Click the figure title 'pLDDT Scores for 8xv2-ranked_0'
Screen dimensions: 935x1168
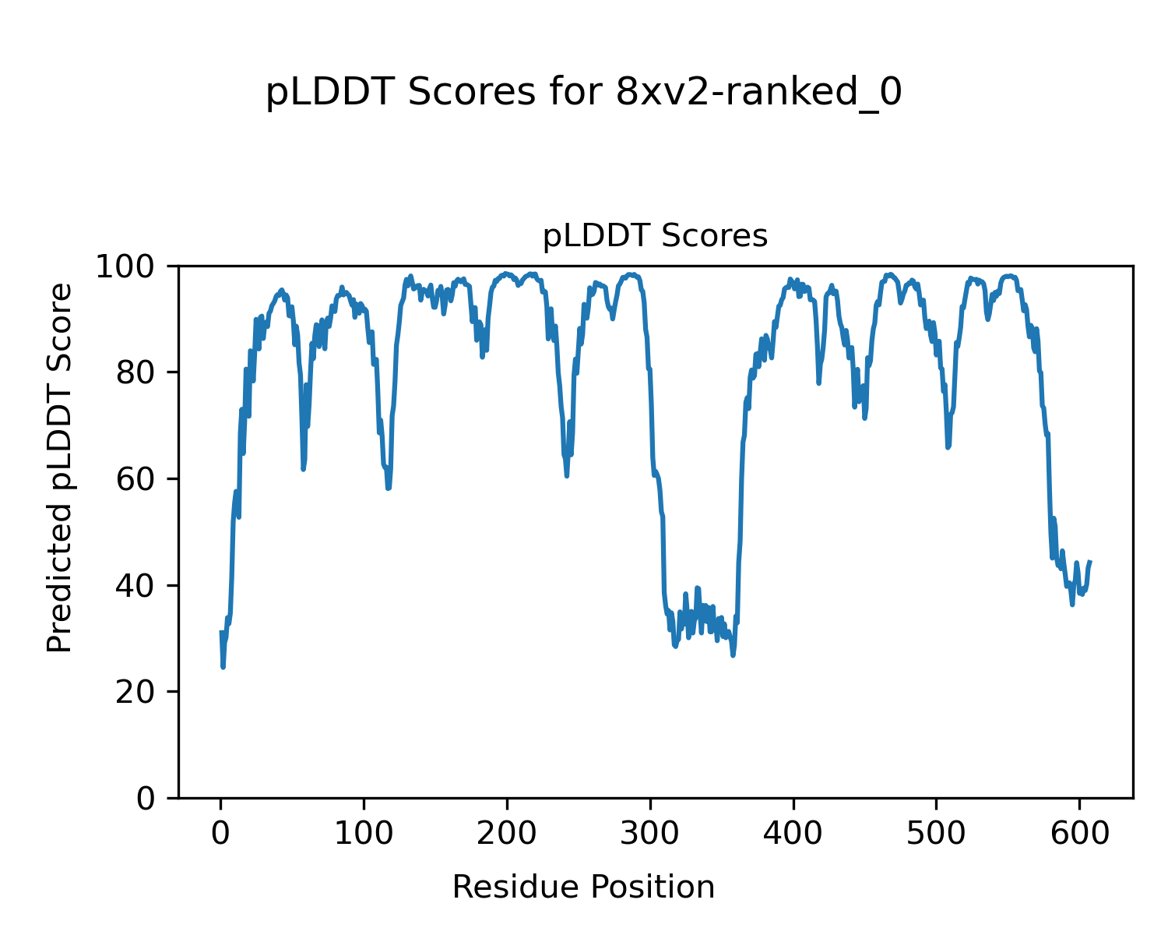584,93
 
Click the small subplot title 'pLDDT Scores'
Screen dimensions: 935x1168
655,236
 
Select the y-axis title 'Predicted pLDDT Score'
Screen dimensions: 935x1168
60,467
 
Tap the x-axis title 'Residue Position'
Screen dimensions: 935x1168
583,887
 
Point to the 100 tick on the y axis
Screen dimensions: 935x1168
132,266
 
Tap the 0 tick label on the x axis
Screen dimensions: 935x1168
221,834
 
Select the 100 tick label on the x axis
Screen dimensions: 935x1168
364,834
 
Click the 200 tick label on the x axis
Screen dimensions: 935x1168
507,834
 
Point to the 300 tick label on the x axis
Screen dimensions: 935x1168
650,834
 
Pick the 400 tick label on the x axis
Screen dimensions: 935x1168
793,834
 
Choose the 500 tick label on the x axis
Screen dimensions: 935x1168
936,834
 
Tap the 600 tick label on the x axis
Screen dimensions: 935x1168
1079,834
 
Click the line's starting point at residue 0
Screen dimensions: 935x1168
221,632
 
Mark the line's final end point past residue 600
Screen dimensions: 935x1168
1090,562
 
